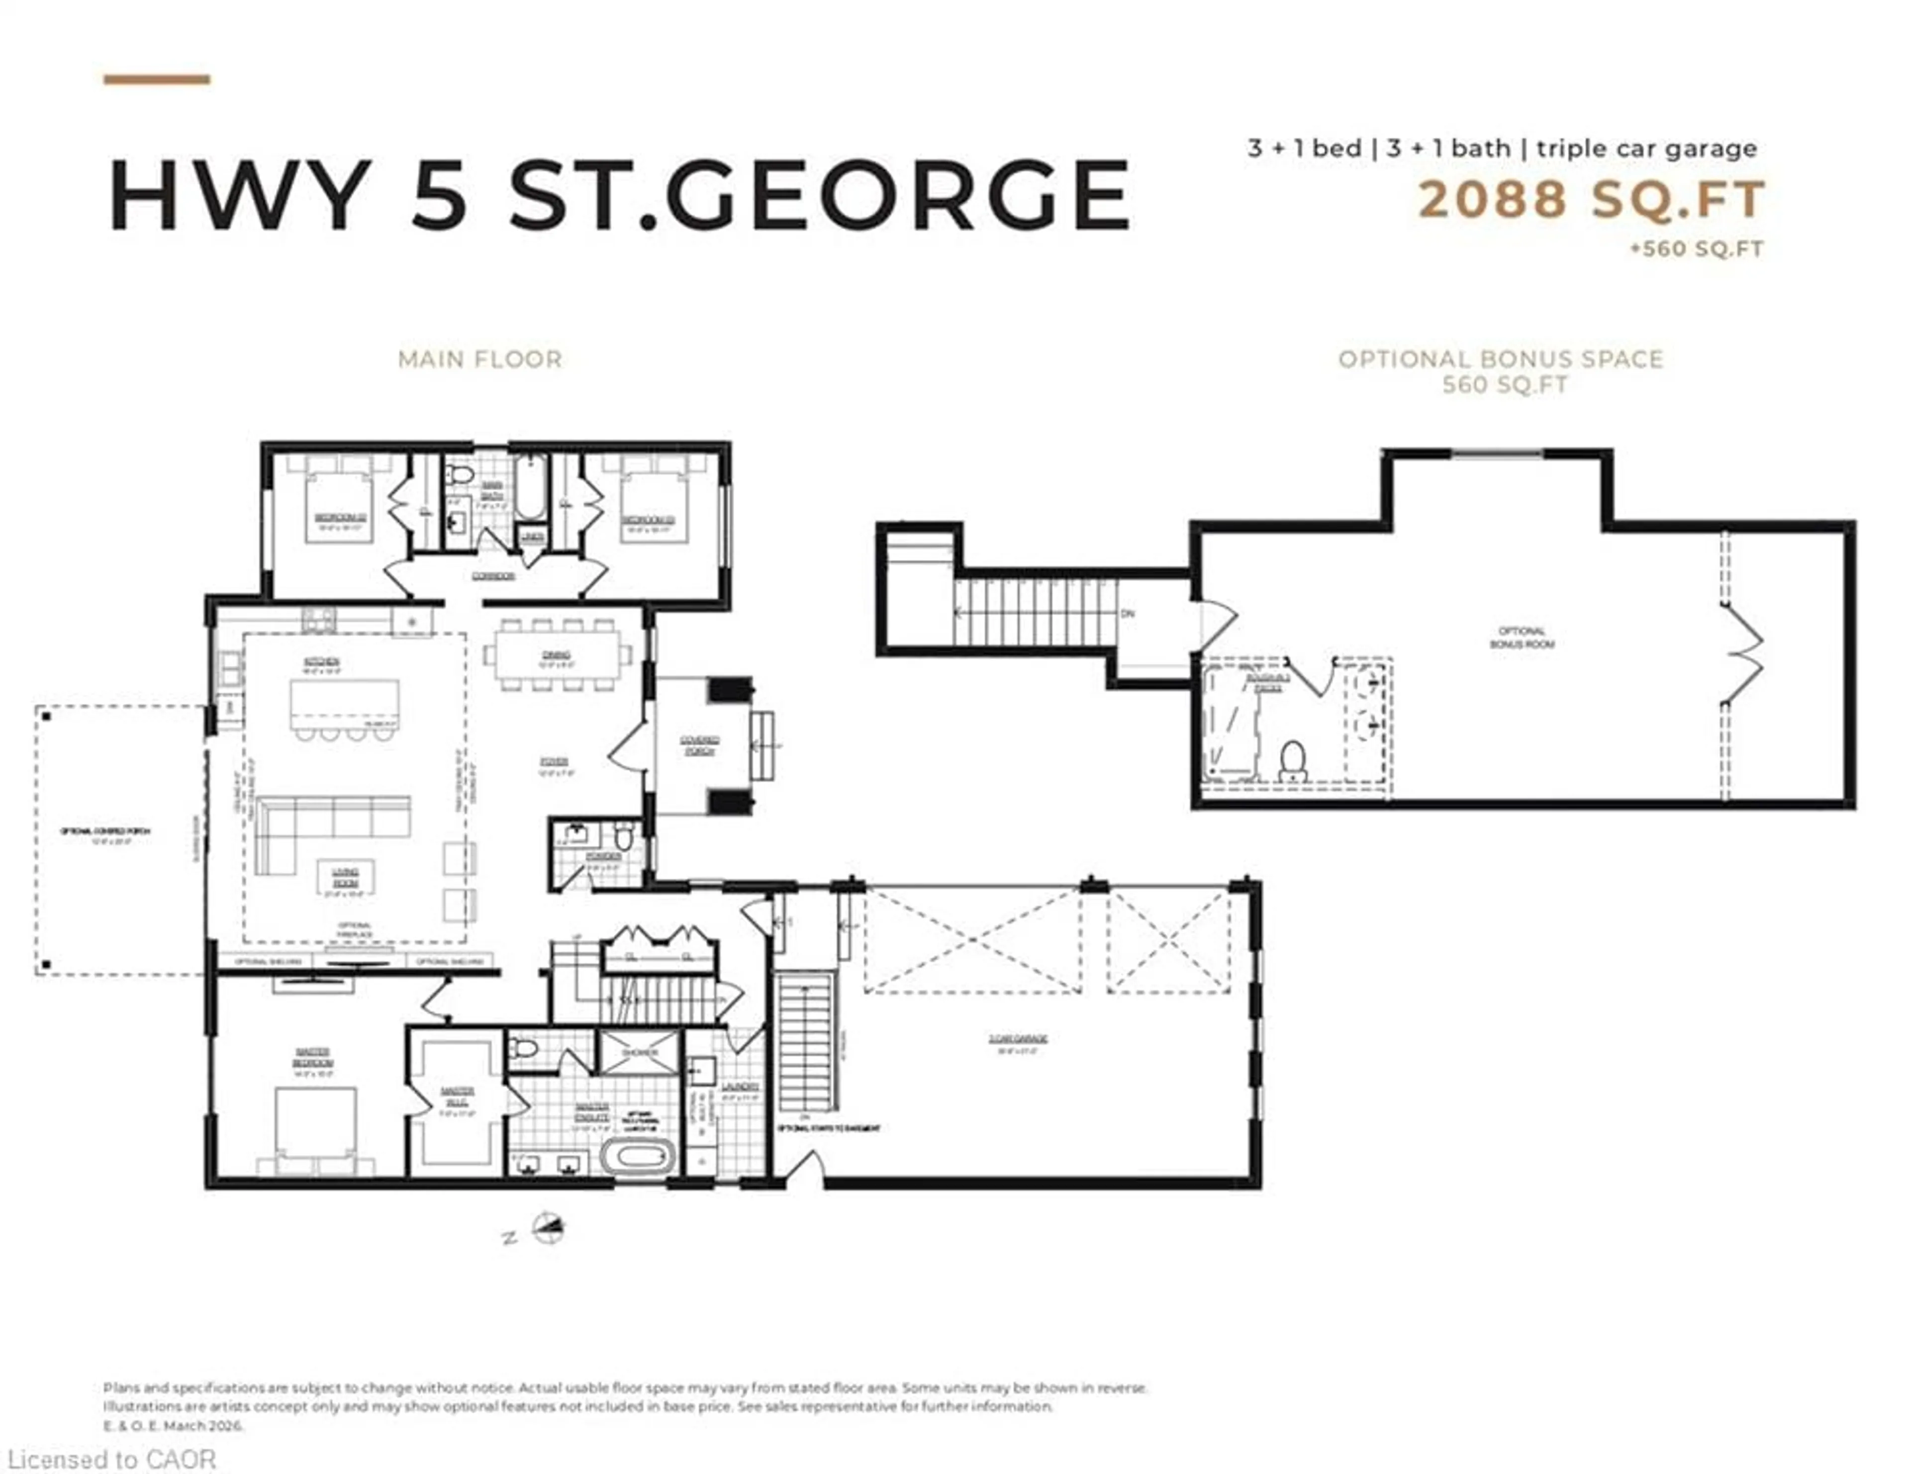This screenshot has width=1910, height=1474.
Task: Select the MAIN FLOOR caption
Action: point(479,360)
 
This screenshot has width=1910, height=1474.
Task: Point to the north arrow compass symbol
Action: point(548,1228)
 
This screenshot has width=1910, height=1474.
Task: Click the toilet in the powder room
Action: point(623,836)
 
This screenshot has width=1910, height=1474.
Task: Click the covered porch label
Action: point(700,745)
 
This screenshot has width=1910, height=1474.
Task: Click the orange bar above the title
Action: point(157,80)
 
